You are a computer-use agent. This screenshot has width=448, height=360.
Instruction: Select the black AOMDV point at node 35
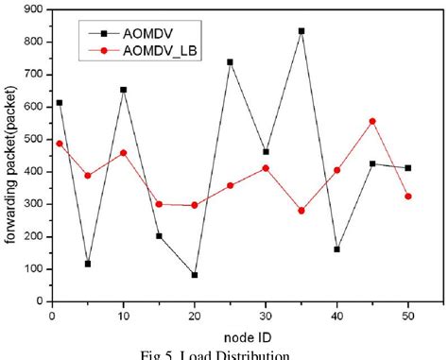point(302,30)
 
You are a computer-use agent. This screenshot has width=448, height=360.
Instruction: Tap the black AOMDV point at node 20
point(195,275)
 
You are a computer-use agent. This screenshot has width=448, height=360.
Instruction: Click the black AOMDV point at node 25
point(230,62)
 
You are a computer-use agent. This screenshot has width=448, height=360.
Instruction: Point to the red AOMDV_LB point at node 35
point(302,211)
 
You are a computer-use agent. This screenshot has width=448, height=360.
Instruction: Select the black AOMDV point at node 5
point(88,264)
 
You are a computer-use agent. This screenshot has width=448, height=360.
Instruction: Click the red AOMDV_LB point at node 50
point(407,197)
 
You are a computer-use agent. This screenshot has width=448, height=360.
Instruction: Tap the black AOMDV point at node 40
point(336,249)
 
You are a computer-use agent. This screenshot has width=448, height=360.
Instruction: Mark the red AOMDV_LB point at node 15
point(159,204)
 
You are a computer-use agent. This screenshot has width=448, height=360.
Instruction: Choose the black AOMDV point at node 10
point(123,90)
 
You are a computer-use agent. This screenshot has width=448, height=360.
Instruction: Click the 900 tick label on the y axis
point(32,9)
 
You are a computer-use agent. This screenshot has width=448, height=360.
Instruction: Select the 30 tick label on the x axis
point(266,317)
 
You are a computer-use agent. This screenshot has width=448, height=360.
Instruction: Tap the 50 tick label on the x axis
point(407,317)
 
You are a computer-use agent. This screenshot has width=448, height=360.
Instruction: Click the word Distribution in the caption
point(255,354)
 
